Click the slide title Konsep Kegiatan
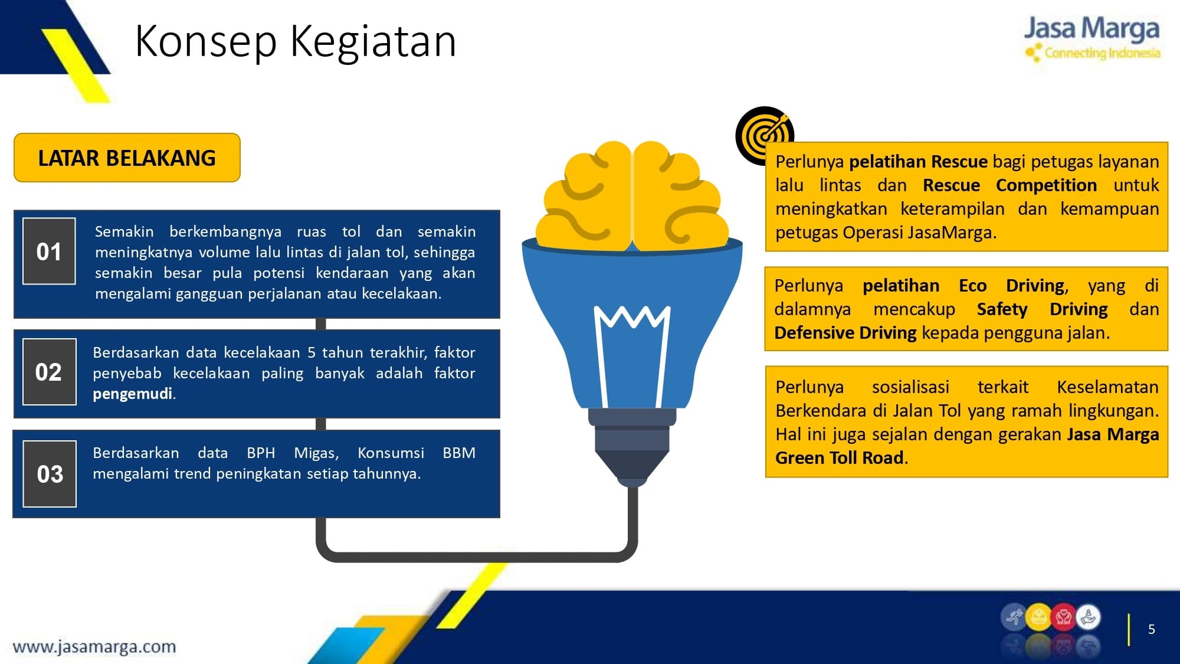coord(296,41)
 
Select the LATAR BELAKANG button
coord(127,158)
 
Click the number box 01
coord(49,251)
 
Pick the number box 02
coord(49,372)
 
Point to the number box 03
coord(50,474)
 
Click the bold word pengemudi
coord(133,394)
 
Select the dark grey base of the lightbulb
coord(632,446)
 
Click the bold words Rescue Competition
coord(1009,185)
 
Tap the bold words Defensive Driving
coord(845,333)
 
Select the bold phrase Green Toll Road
coord(839,458)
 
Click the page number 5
coord(1151,629)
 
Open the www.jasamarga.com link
coord(94,647)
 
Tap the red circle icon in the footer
coord(1063,618)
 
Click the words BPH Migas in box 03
coord(293,453)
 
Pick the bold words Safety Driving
coord(1042,309)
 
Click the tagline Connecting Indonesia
coord(1102,53)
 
